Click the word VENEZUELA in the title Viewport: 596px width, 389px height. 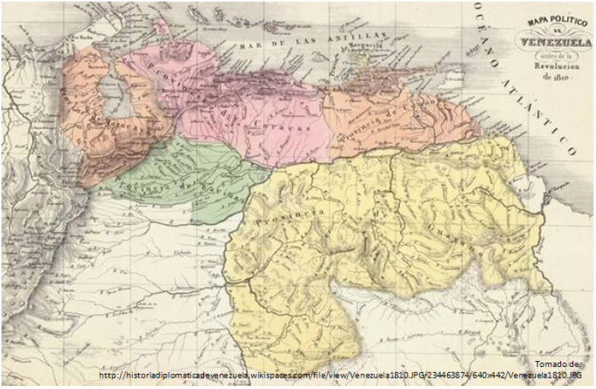[x=556, y=44]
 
